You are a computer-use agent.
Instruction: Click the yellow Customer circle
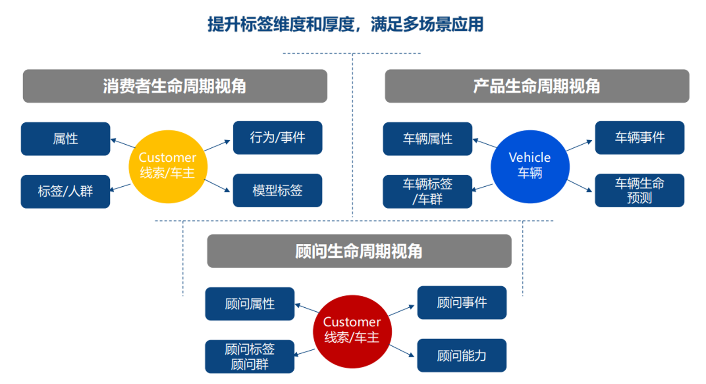coord(168,166)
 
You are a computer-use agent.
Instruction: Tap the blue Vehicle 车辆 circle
coord(529,166)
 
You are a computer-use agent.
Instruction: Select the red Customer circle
coord(352,331)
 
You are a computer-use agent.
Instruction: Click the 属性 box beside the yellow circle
coord(65,139)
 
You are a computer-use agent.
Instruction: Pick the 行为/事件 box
coord(277,138)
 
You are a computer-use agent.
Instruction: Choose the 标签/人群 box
coord(65,192)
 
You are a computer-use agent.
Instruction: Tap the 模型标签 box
coord(277,191)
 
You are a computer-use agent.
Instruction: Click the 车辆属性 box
coord(428,139)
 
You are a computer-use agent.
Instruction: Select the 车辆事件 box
coord(639,138)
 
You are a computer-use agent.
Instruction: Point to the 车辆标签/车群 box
coord(428,192)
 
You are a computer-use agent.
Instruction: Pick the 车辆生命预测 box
coord(639,191)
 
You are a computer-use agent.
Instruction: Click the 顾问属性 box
coord(250,304)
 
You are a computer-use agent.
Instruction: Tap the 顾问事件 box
coord(462,302)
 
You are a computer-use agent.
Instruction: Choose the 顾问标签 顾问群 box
coord(250,356)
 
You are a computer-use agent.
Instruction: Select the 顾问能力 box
coord(462,356)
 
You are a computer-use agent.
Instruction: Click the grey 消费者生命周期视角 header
coord(175,86)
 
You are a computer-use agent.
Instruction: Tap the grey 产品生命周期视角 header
coord(537,86)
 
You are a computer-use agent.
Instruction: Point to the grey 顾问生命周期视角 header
coord(359,251)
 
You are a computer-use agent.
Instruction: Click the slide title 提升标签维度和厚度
coord(345,24)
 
